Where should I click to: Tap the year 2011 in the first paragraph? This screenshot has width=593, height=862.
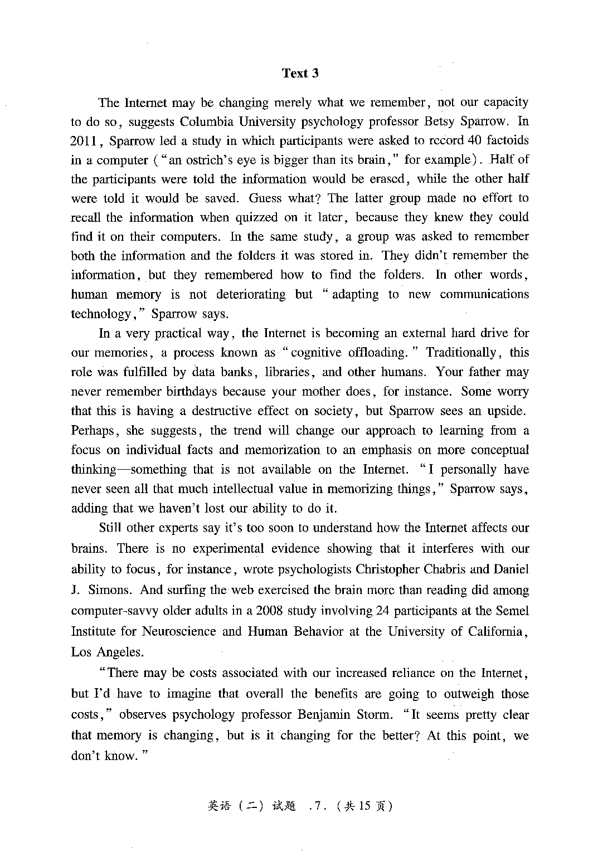click(x=84, y=141)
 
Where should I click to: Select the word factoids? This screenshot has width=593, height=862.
click(x=505, y=140)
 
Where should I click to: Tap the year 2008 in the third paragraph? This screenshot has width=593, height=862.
click(x=271, y=610)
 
